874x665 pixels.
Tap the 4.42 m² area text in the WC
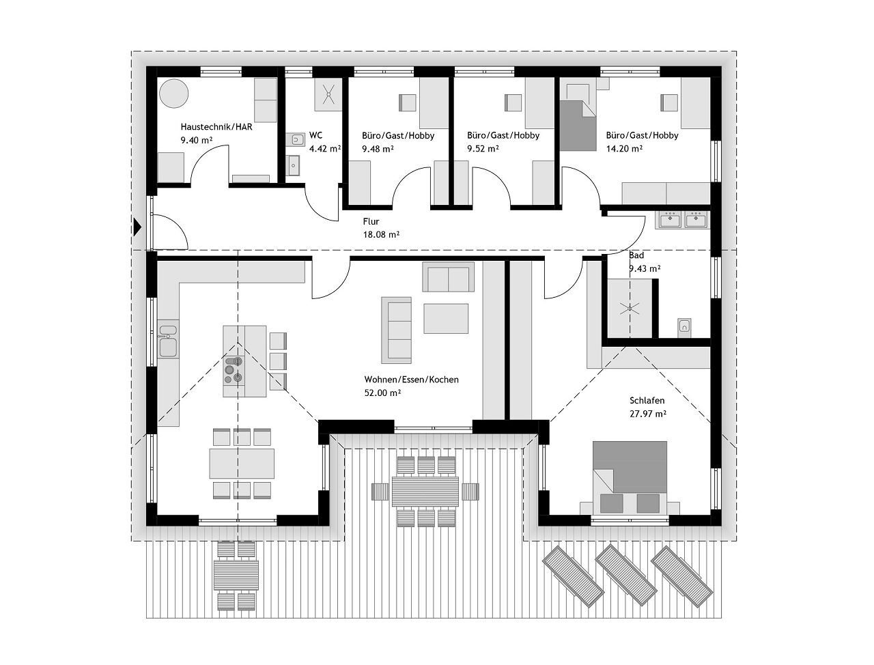(x=325, y=148)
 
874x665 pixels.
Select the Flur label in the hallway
(x=371, y=222)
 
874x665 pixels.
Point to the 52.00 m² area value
(x=382, y=393)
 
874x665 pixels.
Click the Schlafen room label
(x=647, y=401)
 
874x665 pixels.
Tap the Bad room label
(x=636, y=255)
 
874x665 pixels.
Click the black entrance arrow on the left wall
(x=138, y=227)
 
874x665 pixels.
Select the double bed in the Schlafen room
(x=630, y=477)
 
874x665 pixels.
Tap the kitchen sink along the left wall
(x=167, y=340)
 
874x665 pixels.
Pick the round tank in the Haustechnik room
(x=175, y=94)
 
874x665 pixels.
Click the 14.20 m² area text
(x=624, y=148)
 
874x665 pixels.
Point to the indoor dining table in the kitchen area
(x=242, y=463)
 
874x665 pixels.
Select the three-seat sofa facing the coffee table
(x=396, y=330)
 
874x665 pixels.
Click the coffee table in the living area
(x=446, y=318)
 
